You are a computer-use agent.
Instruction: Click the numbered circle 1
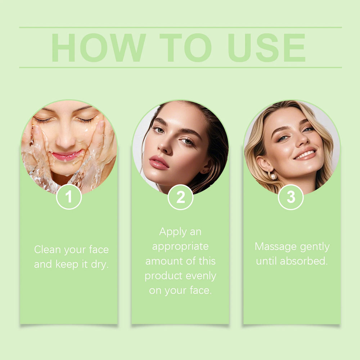point(69,197)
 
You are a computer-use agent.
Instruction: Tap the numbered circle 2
point(180,197)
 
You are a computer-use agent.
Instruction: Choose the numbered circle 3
point(291,197)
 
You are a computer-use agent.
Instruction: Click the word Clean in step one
point(48,249)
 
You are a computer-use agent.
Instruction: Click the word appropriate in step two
point(180,247)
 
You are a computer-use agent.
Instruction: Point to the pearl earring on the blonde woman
point(273,176)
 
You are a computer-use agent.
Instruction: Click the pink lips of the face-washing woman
point(67,155)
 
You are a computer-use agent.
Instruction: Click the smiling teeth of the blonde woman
point(306,154)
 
